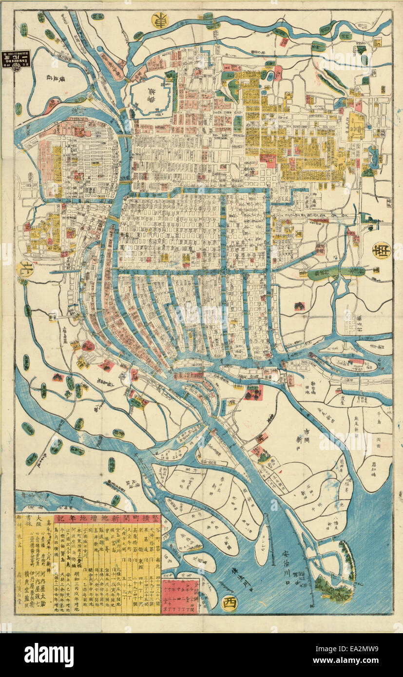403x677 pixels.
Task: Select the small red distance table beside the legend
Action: [179, 596]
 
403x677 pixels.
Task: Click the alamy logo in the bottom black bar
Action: [49, 655]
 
